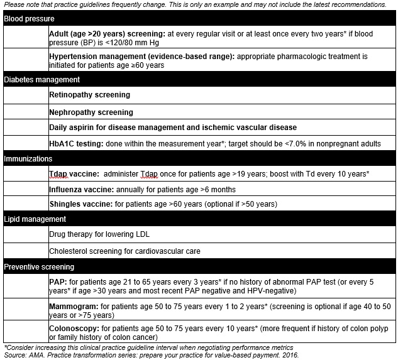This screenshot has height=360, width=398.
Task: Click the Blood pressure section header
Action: pos(29,19)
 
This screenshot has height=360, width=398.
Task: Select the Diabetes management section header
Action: pos(41,80)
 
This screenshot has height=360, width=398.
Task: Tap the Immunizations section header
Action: pos(28,159)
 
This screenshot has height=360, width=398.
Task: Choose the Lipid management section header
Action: pos(35,219)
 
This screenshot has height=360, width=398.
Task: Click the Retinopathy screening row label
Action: pos(89,95)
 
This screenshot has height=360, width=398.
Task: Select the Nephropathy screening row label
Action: pos(91,112)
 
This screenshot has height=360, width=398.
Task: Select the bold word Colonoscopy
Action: pos(74,329)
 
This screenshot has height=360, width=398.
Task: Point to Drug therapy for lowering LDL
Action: pos(99,234)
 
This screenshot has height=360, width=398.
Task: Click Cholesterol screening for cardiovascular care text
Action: pos(124,251)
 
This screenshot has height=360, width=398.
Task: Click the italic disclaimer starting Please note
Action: pos(195,4)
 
